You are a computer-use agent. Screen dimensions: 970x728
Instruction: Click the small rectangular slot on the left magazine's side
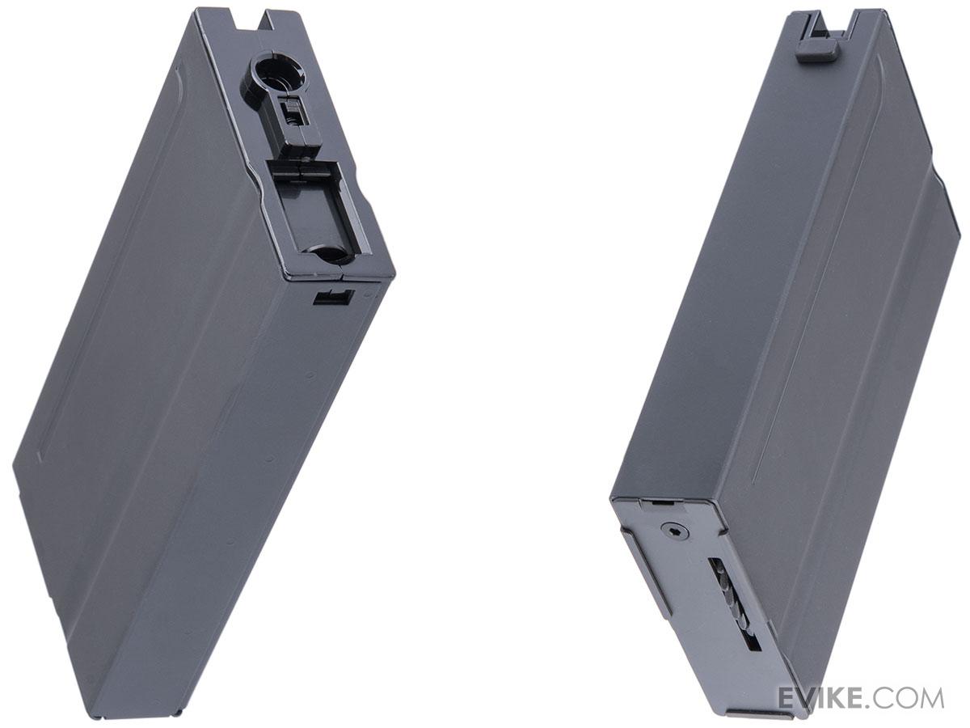[334, 297]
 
